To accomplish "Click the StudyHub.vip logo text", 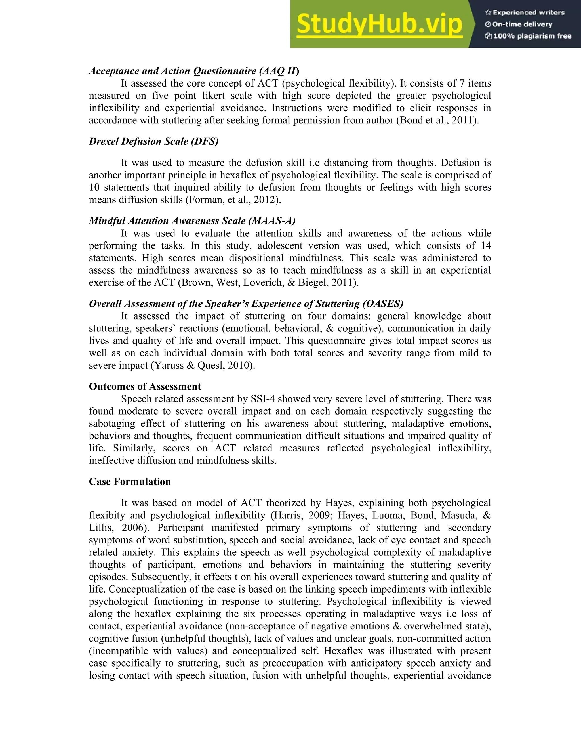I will pyautogui.click(x=379, y=24).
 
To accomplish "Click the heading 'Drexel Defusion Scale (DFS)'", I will pyautogui.click(x=153, y=141).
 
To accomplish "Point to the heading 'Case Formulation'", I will pyautogui.click(x=130, y=481).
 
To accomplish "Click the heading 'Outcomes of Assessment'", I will pyautogui.click(x=145, y=386).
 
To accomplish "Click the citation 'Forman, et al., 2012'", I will pyautogui.click(x=233, y=200).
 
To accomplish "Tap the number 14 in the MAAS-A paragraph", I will pyautogui.click(x=486, y=245).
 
